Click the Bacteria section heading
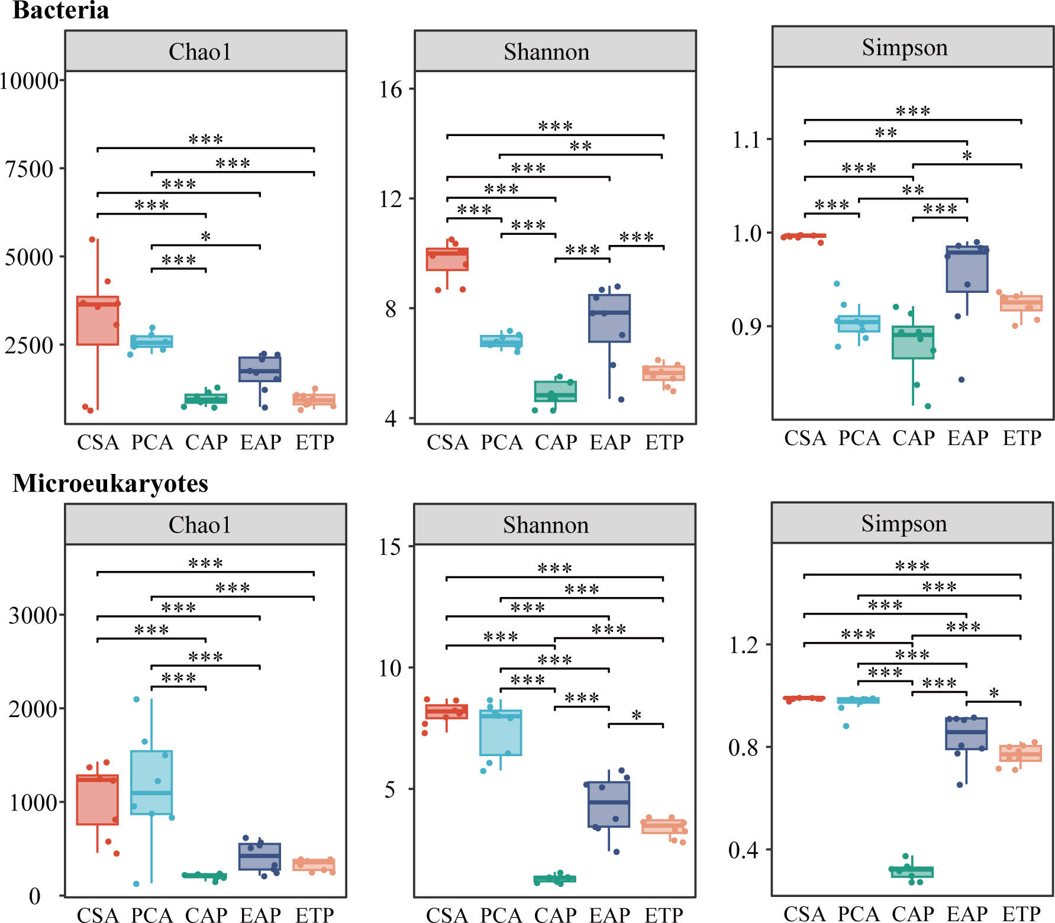point(61,11)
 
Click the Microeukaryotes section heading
point(110,483)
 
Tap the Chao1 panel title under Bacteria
point(200,51)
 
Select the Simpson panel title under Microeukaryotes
point(904,524)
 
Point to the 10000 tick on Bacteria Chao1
point(30,80)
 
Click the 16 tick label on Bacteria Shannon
point(391,89)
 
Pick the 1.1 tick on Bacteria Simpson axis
point(747,140)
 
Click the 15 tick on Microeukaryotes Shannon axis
point(390,546)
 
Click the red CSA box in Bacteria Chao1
point(98,321)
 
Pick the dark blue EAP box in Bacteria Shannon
point(609,318)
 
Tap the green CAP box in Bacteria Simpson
point(913,342)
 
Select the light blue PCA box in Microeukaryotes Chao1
point(151,782)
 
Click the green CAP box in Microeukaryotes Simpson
point(912,872)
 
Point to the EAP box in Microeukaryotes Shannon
point(609,804)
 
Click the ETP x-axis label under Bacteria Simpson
point(1022,438)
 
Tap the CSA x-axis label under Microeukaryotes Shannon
point(447,915)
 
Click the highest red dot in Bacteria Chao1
point(92,240)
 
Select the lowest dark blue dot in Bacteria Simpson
point(962,380)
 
